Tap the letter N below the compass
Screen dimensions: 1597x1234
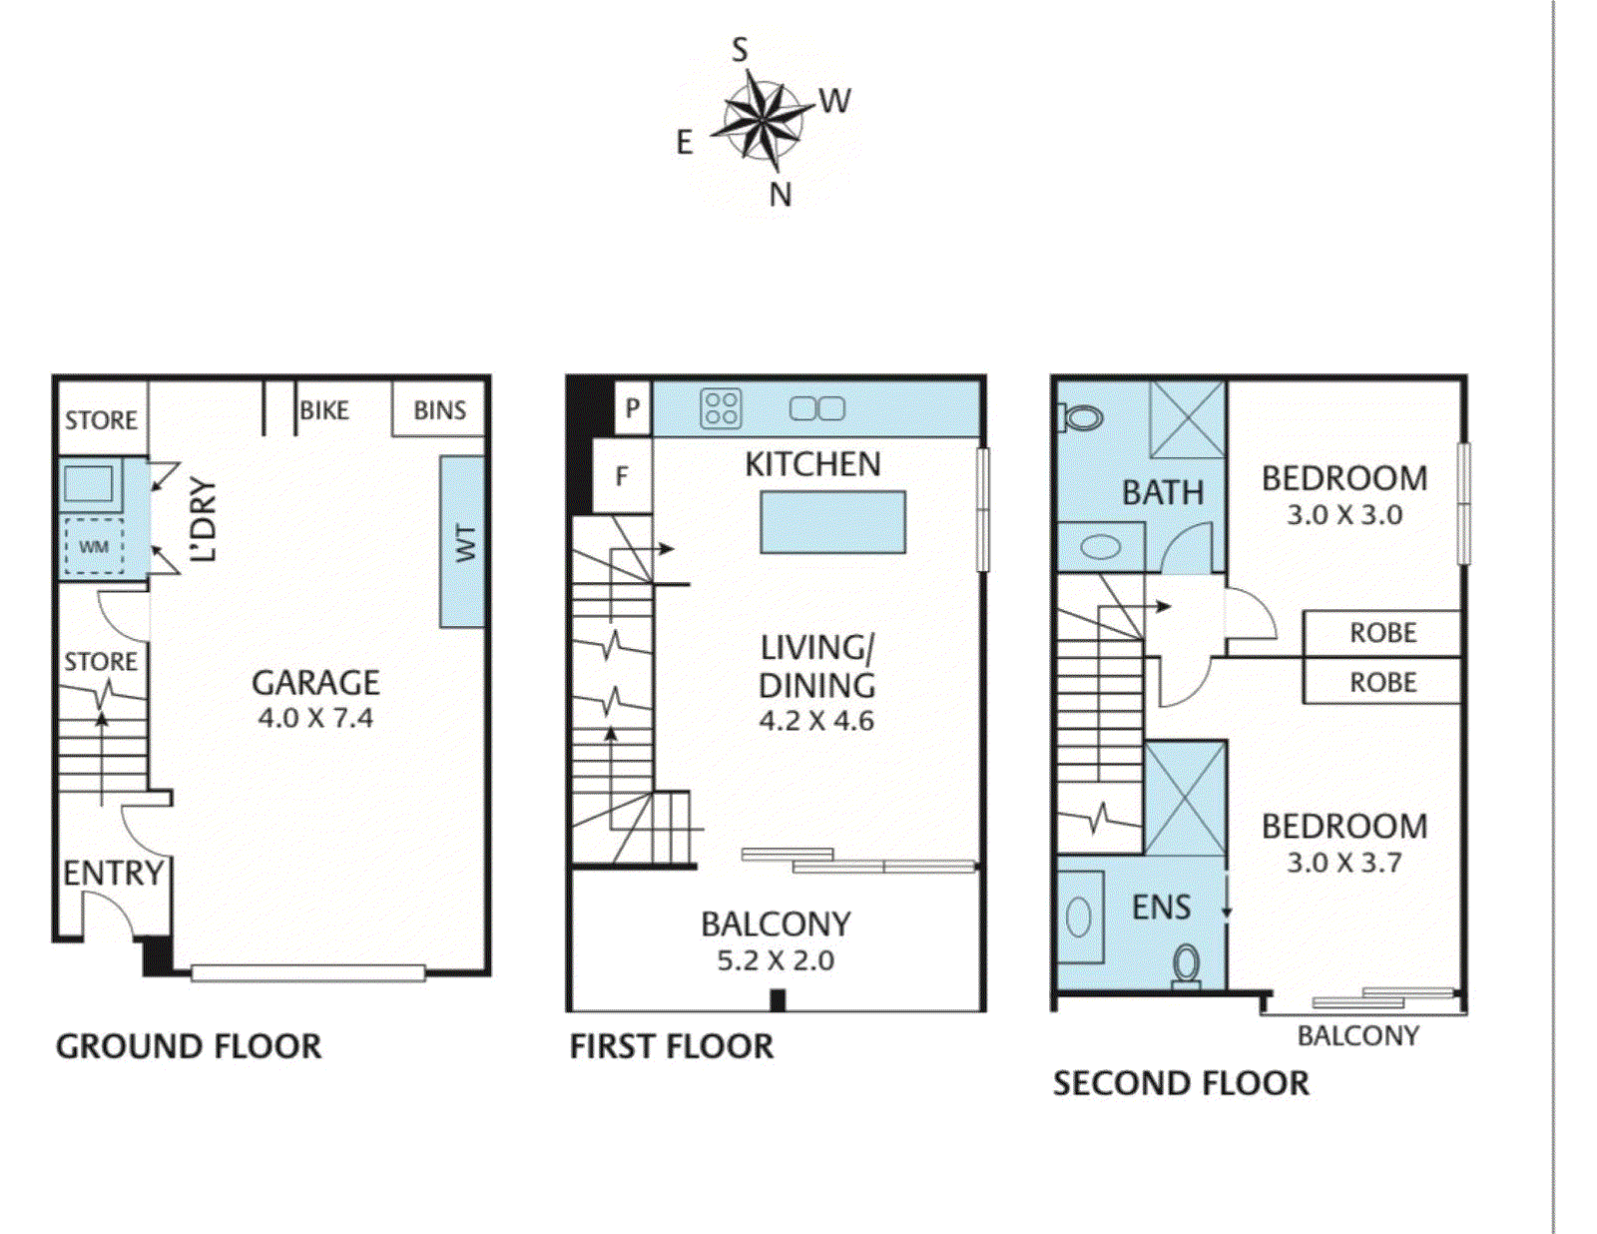(780, 196)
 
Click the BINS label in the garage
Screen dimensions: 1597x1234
(439, 410)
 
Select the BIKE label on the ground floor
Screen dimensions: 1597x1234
(324, 410)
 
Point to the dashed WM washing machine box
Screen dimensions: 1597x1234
(94, 546)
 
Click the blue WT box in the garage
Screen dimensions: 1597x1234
(462, 542)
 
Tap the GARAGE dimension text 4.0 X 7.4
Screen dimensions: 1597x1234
(316, 717)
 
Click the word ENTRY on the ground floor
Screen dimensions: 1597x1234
(114, 874)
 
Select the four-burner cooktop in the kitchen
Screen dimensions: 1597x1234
(721, 409)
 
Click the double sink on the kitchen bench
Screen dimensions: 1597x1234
(817, 408)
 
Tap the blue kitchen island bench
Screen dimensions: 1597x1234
(832, 522)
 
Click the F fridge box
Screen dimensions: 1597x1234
(622, 475)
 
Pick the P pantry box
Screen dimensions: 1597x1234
(632, 408)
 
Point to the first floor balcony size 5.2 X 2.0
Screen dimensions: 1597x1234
(776, 960)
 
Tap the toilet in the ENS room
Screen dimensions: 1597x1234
(1186, 965)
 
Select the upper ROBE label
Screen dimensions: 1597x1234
(1382, 633)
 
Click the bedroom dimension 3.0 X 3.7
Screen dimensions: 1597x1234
(1344, 863)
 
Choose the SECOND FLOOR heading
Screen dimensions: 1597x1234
(1181, 1084)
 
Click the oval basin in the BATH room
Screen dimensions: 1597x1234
(1100, 547)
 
